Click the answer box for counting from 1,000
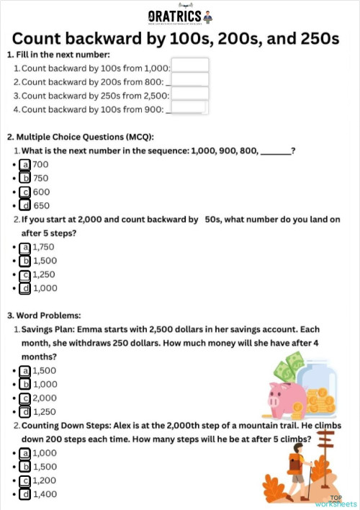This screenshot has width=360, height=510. pyautogui.click(x=190, y=66)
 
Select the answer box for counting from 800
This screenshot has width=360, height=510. pyautogui.click(x=190, y=80)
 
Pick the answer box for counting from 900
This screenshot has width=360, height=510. pyautogui.click(x=187, y=107)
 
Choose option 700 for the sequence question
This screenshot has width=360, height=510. pyautogui.click(x=25, y=164)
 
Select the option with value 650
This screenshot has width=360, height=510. pyautogui.click(x=25, y=205)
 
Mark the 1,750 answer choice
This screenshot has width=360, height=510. pyautogui.click(x=25, y=247)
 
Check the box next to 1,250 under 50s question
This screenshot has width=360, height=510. pyautogui.click(x=25, y=274)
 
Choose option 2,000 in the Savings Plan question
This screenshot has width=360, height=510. pyautogui.click(x=25, y=398)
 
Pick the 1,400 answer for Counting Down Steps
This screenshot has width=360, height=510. pyautogui.click(x=25, y=494)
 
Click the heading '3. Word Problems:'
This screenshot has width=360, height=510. pyautogui.click(x=45, y=316)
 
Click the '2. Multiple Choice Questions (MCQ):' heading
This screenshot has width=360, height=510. pyautogui.click(x=81, y=137)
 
